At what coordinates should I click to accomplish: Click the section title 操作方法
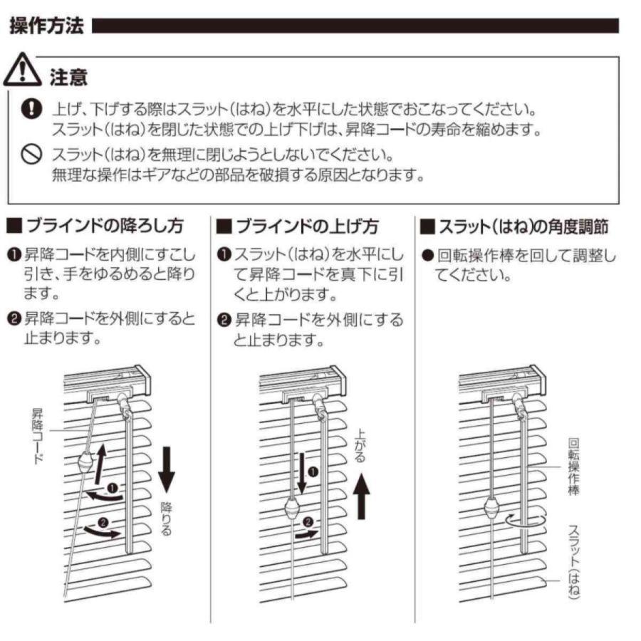pos(47,28)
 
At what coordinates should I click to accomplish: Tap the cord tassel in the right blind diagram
pos(492,509)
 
